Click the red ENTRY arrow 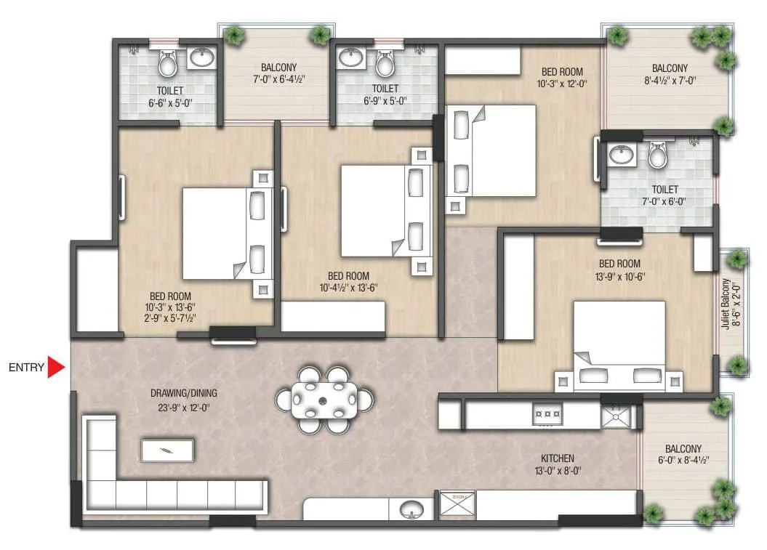click(57, 368)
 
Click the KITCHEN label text click(558, 458)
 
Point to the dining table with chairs click(325, 400)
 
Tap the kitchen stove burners click(546, 415)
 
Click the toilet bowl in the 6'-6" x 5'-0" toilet click(168, 65)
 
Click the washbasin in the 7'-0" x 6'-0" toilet click(620, 155)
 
